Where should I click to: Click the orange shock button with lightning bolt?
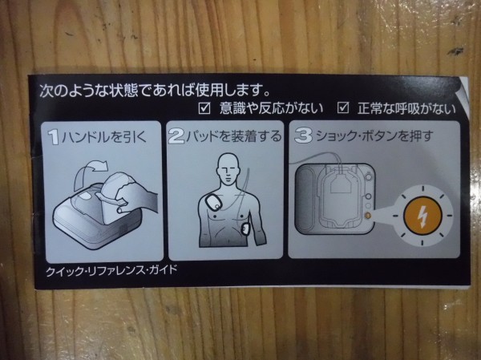(x=422, y=215)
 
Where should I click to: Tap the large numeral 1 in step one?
(x=54, y=137)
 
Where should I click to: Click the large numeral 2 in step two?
(x=177, y=136)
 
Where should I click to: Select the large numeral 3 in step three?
(x=303, y=136)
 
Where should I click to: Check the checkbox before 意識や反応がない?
(x=204, y=107)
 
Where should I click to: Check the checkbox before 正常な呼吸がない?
(x=342, y=107)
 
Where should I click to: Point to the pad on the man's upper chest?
(x=214, y=203)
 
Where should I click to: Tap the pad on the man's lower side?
(x=246, y=229)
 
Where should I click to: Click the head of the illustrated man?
(x=228, y=168)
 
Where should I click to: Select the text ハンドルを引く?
(x=104, y=137)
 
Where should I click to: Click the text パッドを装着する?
(x=234, y=136)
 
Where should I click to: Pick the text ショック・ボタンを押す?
(x=374, y=136)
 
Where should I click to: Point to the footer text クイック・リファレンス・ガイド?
(x=111, y=271)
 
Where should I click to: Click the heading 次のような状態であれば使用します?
(x=155, y=91)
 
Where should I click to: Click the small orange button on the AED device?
(x=368, y=216)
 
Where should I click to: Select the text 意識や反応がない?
(x=272, y=108)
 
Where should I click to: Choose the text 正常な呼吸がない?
(x=406, y=109)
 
